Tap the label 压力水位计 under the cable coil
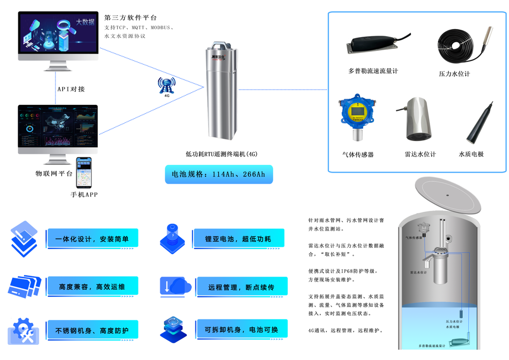(x=454, y=74)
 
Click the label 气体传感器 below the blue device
(x=358, y=154)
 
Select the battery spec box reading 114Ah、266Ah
(x=218, y=174)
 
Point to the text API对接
(x=71, y=89)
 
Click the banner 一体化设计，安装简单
(x=92, y=239)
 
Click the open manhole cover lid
(x=446, y=193)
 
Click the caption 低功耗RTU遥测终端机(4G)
(x=221, y=154)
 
